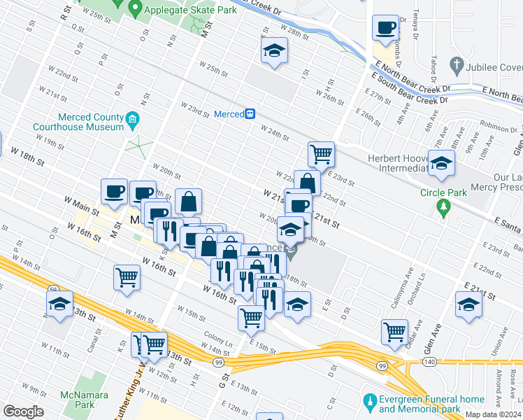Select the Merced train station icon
(250, 113)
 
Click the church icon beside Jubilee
(456, 66)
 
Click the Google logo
(23, 412)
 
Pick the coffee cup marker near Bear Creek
(385, 29)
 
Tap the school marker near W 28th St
(275, 50)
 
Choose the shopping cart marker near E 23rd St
(321, 153)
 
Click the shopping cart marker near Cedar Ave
(394, 330)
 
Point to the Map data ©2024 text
(493, 414)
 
